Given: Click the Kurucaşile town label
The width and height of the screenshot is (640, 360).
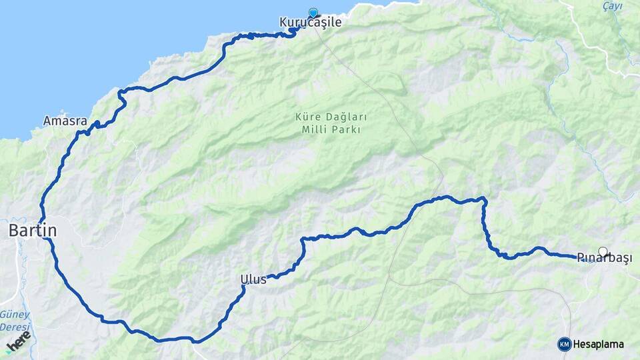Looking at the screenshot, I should [x=310, y=23].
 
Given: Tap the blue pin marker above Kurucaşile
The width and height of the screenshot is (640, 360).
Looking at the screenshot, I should [x=313, y=12].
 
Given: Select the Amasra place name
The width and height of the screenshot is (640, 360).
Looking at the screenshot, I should [x=65, y=121].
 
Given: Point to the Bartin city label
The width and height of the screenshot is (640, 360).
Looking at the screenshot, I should [x=32, y=231].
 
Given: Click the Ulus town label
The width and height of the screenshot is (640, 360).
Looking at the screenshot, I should [x=254, y=279].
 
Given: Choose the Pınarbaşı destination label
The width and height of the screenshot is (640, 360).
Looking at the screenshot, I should [x=604, y=259].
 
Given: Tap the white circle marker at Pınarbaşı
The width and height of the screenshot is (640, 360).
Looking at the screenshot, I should [x=603, y=252].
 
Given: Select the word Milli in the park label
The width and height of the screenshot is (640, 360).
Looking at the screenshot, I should [x=314, y=129].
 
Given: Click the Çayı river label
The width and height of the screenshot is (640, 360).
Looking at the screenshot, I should [x=612, y=6].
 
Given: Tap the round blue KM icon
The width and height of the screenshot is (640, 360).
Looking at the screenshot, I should [x=564, y=344].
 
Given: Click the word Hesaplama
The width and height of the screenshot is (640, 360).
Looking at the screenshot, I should [x=599, y=345].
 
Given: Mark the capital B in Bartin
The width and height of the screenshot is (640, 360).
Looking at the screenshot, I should [x=13, y=231].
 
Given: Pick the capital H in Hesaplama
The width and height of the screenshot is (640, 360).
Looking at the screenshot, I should [x=577, y=345].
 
